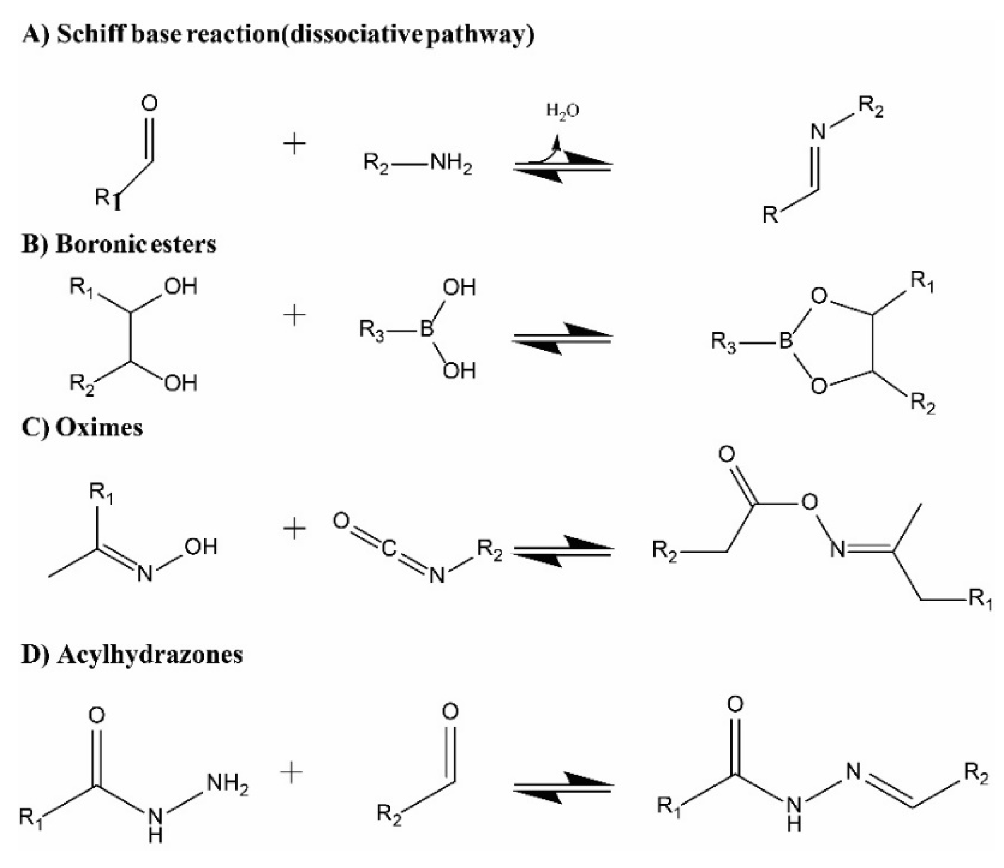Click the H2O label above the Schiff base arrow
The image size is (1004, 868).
(562, 111)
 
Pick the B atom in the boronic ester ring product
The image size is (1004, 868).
(785, 342)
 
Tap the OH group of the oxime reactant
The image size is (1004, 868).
(201, 547)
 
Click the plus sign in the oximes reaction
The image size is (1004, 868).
(295, 528)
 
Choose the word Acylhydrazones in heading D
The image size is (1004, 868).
(150, 655)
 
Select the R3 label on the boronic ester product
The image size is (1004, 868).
(724, 342)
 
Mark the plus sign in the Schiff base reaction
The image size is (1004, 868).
(295, 144)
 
